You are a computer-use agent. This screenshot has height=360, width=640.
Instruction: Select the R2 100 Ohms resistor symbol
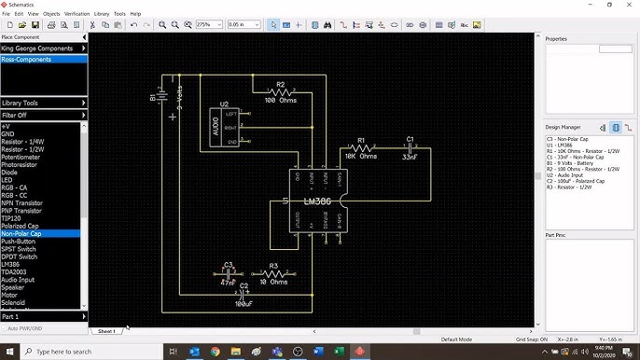coord(279,91)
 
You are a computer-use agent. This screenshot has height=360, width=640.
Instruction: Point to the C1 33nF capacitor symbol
coord(409,147)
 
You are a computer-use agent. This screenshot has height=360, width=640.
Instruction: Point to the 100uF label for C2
coord(243,304)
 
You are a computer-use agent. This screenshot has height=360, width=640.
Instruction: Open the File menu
coord(7,14)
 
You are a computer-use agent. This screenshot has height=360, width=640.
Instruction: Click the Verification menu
coord(77,14)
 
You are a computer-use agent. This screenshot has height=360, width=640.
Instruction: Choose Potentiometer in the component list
coord(21,157)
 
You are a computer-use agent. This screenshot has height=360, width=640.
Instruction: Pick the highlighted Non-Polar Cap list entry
coord(21,233)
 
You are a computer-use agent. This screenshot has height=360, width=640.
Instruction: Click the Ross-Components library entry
coord(26,59)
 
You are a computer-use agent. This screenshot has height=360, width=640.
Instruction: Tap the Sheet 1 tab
coord(106,331)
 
